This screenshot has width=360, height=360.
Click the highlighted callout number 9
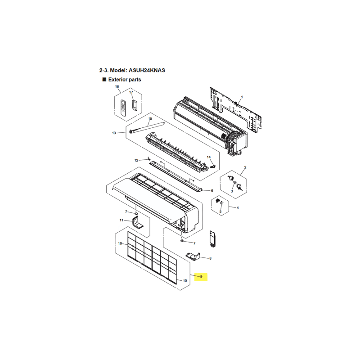201,276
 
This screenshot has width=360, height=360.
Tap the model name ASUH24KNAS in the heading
147,70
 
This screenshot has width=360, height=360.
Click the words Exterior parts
125,80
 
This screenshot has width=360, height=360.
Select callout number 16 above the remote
117,86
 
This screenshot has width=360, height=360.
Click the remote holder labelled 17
135,105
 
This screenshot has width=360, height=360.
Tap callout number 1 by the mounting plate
242,97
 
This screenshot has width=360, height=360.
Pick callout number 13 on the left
114,133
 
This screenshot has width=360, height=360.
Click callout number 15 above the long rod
150,119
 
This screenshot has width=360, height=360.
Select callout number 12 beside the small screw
136,160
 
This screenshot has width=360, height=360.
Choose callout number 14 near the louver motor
209,157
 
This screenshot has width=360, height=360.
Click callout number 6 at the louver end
212,190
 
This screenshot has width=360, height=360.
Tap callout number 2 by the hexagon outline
245,167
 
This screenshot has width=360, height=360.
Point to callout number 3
232,191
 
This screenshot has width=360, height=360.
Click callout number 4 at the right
238,208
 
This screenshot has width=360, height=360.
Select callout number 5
220,211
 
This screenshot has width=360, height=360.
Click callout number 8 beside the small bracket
210,258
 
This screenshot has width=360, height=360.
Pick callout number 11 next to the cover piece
121,220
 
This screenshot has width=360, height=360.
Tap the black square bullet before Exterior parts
104,80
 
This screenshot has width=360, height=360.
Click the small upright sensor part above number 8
212,239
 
